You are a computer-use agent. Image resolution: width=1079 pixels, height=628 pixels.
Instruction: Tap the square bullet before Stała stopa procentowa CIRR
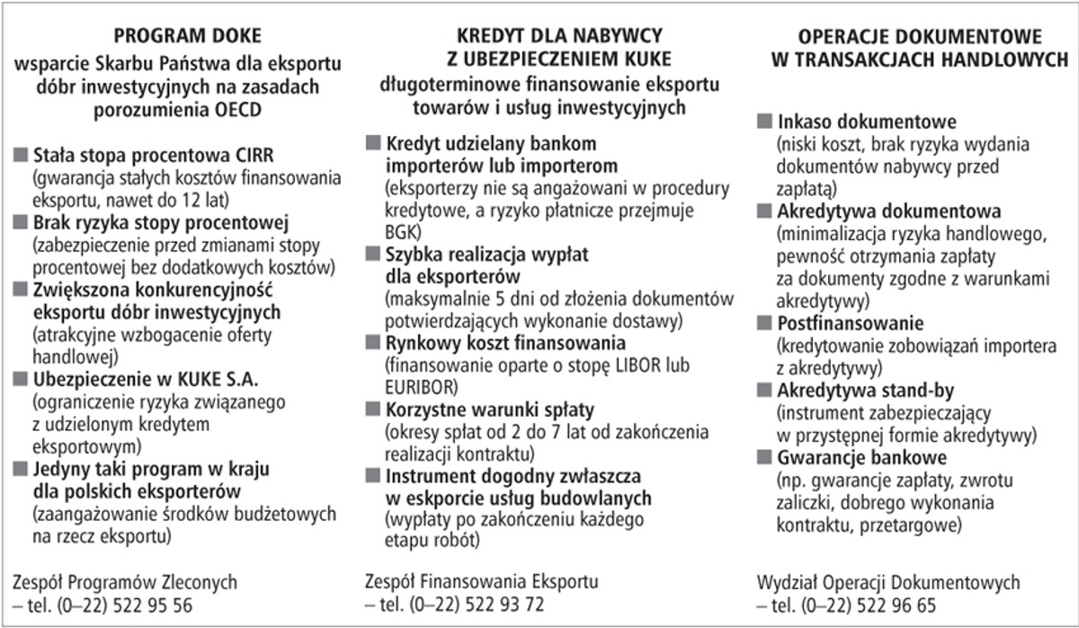coord(20,153)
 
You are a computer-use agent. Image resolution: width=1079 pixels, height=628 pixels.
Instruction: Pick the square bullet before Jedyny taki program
coord(20,469)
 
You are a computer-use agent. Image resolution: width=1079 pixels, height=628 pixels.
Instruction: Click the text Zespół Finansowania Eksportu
coord(481,582)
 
